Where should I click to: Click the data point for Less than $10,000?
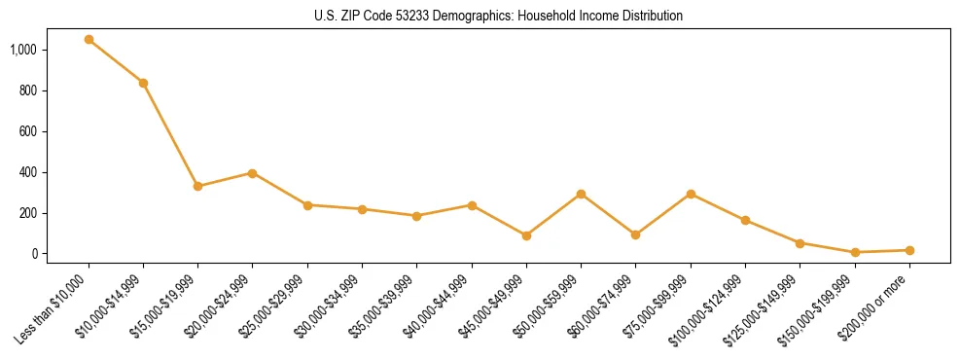point(89,40)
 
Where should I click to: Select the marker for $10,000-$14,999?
point(143,83)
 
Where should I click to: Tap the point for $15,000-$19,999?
point(198,186)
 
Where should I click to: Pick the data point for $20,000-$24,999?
point(253,173)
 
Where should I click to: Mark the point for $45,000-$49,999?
point(526,235)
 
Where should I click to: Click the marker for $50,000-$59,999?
point(581,194)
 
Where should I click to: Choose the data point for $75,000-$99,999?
point(691,194)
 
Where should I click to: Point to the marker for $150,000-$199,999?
point(855,252)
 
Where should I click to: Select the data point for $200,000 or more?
point(909,250)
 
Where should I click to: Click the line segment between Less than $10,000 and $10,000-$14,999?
point(116,61)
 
